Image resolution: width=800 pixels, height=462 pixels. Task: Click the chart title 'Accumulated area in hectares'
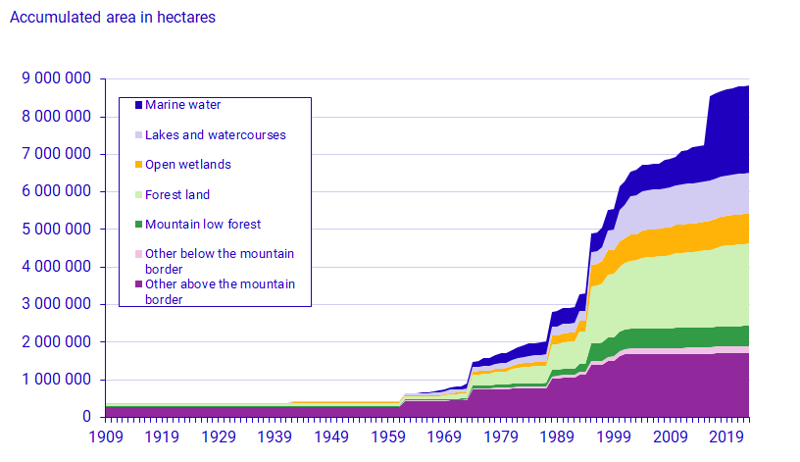pyautogui.click(x=112, y=18)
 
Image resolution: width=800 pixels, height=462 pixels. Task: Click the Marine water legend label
pyautogui.click(x=182, y=105)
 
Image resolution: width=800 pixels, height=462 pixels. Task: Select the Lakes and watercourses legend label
pyautogui.click(x=215, y=134)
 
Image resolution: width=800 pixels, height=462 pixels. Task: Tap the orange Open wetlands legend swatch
pyautogui.click(x=138, y=165)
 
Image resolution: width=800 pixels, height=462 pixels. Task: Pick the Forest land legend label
pyautogui.click(x=177, y=194)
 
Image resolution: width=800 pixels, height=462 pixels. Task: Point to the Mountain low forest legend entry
pyautogui.click(x=203, y=225)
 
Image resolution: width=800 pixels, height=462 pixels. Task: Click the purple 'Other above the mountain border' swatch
pyautogui.click(x=138, y=284)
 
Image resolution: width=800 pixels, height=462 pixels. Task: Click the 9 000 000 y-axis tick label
pyautogui.click(x=57, y=78)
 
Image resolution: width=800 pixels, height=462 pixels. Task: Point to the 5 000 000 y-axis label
pyautogui.click(x=57, y=230)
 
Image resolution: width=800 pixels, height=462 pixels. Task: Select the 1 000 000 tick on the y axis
pyautogui.click(x=57, y=380)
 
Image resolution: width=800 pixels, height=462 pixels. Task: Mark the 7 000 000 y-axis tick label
pyautogui.click(x=57, y=154)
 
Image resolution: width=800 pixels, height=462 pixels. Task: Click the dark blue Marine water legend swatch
pyautogui.click(x=138, y=105)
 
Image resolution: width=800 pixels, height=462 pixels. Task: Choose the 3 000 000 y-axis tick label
pyautogui.click(x=57, y=305)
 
